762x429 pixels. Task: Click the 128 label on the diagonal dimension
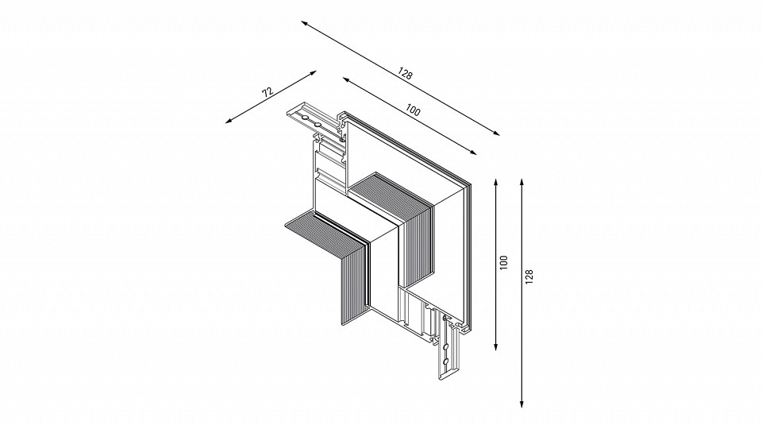click(x=405, y=73)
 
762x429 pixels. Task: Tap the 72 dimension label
click(x=267, y=92)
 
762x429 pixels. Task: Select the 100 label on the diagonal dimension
click(x=413, y=110)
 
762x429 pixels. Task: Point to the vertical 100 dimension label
click(x=503, y=262)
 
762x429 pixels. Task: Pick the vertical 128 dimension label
click(x=529, y=276)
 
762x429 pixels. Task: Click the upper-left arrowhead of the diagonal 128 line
click(x=304, y=23)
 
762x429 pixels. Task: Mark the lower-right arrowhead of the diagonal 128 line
click(x=496, y=133)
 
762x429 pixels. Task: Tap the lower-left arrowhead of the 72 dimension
click(x=229, y=121)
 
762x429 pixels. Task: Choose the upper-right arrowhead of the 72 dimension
click(x=314, y=72)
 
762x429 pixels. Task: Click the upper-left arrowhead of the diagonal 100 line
click(x=345, y=79)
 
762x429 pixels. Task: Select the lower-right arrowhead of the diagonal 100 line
click(x=473, y=153)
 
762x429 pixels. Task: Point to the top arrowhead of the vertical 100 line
click(x=495, y=182)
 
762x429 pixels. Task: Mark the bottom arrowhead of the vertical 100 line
click(x=495, y=346)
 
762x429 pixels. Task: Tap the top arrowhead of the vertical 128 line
click(x=521, y=182)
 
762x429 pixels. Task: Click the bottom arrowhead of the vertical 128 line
click(x=521, y=404)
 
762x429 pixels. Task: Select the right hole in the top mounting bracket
click(x=317, y=125)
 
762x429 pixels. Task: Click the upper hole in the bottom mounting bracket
click(x=445, y=346)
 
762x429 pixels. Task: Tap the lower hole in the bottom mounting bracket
click(x=445, y=361)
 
